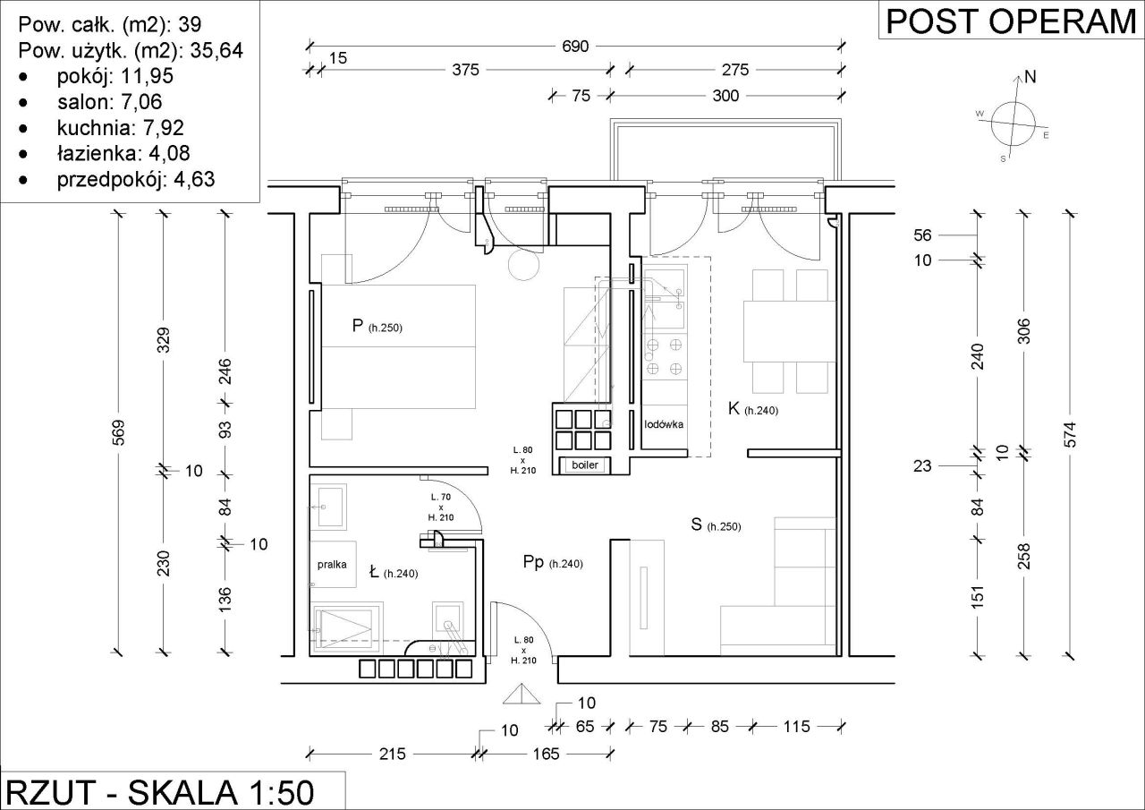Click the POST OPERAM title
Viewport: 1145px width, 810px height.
[x=1011, y=21]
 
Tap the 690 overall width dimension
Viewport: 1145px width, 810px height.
[x=575, y=47]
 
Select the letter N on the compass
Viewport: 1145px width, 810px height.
[x=1030, y=77]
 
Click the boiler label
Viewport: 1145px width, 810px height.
[x=585, y=465]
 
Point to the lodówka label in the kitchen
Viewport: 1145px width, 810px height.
[x=664, y=424]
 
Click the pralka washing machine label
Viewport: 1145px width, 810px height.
[x=332, y=565]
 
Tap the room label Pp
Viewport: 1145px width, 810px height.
[x=533, y=562]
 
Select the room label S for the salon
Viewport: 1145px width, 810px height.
[x=696, y=524]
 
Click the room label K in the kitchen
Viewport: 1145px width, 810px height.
[x=734, y=408]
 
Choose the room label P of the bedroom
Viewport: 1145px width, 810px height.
[x=357, y=325]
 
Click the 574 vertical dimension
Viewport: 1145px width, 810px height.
[x=1070, y=435]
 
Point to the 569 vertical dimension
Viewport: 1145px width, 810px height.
[x=118, y=432]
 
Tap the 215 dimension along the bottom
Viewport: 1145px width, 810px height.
[x=392, y=754]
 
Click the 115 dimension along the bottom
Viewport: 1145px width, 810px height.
[x=796, y=726]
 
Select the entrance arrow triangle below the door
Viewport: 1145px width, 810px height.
[x=522, y=694]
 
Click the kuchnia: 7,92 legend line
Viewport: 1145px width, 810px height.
[x=120, y=127]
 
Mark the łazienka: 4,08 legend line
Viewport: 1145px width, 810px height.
[x=123, y=153]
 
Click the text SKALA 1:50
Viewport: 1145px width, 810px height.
[x=221, y=792]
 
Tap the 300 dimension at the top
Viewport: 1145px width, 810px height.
[x=725, y=96]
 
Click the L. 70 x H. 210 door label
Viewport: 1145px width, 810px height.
[x=441, y=507]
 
